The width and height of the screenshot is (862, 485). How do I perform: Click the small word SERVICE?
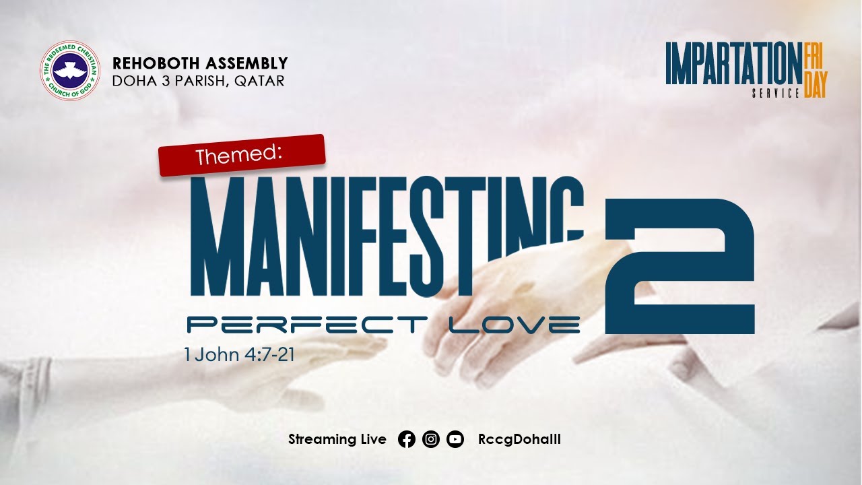pos(775,93)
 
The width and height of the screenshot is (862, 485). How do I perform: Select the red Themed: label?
pos(242,155)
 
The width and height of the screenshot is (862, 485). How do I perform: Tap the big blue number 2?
pos(680,266)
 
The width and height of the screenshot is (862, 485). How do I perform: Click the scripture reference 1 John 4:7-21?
pos(239,354)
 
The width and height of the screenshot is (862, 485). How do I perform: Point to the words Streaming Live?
pos(337,440)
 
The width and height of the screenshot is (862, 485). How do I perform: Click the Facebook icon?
pos(407,440)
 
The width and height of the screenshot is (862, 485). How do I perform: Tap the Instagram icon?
pos(431,440)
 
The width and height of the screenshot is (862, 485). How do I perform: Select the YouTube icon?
pos(455,440)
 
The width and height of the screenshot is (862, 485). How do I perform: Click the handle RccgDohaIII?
pos(519,440)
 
